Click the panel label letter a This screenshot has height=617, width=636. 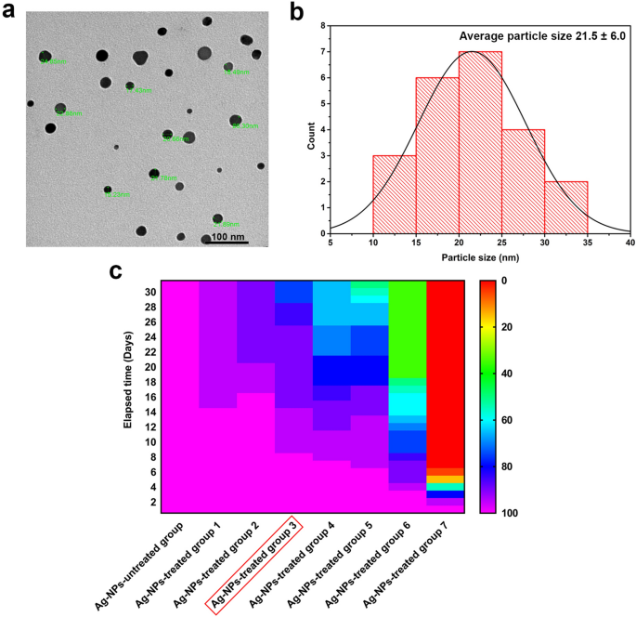coord(10,12)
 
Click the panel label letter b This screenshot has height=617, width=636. coord(296,12)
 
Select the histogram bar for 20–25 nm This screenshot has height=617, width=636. coord(481,142)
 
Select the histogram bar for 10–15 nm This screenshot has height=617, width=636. coord(394,194)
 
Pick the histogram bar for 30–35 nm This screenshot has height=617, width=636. coord(565,207)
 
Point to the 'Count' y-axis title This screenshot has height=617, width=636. coord(311,128)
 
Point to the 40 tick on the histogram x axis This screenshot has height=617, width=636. coord(630,243)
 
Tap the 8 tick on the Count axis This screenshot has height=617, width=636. coord(320,26)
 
